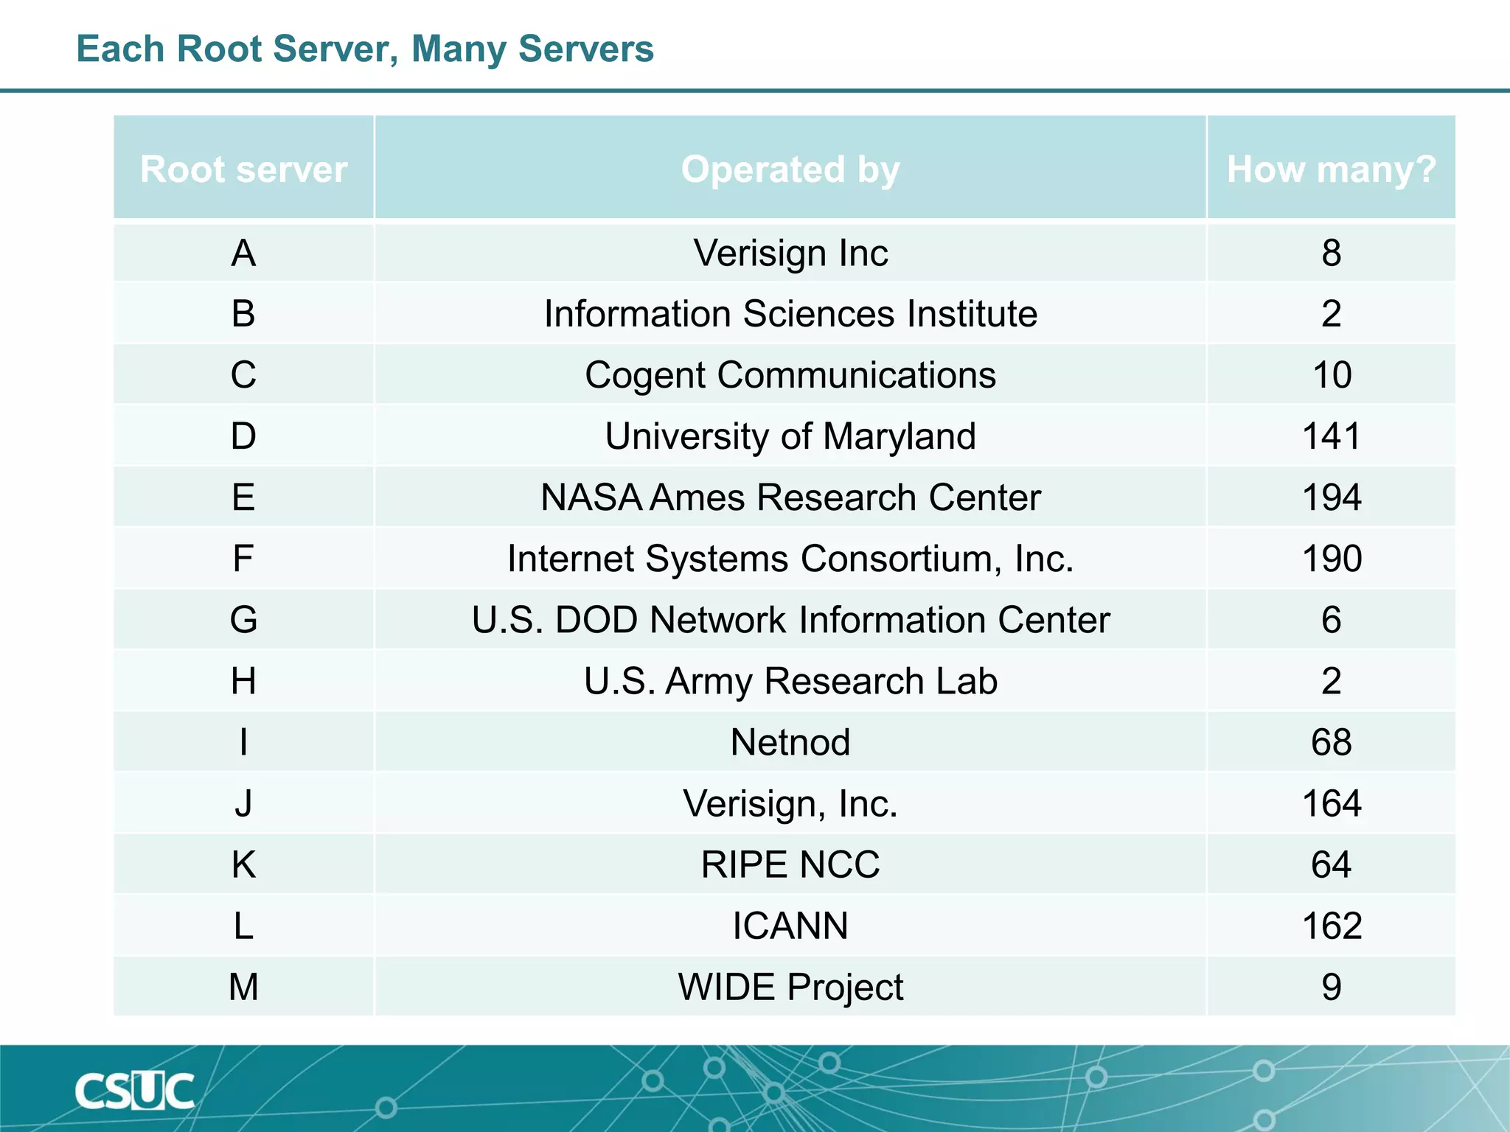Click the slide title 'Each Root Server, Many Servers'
365,49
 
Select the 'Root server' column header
243,170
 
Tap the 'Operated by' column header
790,170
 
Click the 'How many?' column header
1331,170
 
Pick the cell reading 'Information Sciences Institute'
790,314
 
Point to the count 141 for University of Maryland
1331,436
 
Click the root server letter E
243,497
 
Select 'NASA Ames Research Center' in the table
790,497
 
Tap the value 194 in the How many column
1331,497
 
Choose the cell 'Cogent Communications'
790,375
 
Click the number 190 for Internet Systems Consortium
1331,559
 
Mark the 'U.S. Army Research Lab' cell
790,681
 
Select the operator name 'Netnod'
790,742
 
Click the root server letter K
243,864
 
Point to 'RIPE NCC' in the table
790,864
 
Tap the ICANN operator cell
790,926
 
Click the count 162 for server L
1331,926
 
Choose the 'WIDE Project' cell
790,987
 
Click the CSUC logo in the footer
134,1091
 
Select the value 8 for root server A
1331,254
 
